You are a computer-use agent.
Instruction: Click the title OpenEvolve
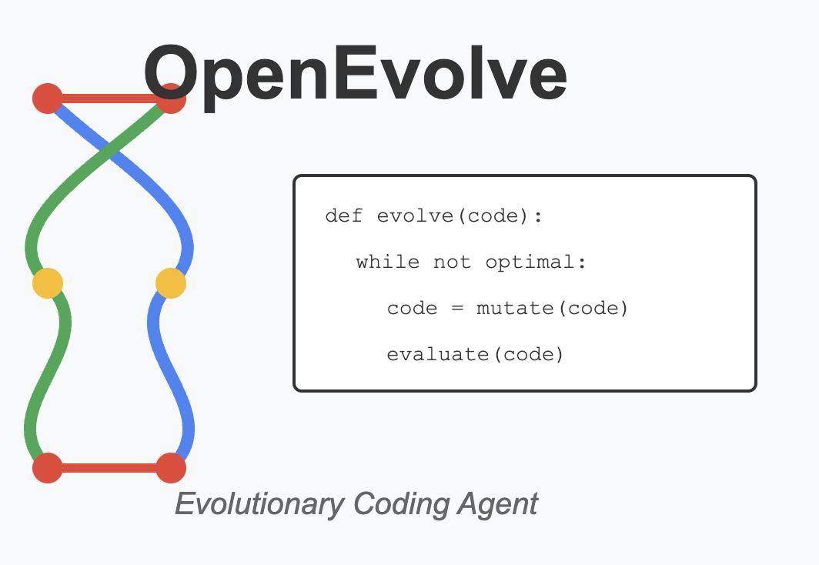[x=355, y=74]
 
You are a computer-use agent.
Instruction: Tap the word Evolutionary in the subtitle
[x=259, y=504]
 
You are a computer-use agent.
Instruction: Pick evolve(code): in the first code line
[x=460, y=216]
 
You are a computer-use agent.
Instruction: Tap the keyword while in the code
[x=388, y=262]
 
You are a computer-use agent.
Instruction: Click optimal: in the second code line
[x=536, y=262]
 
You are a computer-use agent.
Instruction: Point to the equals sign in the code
[x=456, y=309]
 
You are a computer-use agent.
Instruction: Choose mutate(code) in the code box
[x=552, y=309]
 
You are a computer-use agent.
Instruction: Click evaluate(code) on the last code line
[x=475, y=355]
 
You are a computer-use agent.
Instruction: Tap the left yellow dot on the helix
[x=48, y=283]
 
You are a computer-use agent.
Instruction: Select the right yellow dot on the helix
[x=171, y=283]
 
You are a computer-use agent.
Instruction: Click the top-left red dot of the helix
[x=48, y=99]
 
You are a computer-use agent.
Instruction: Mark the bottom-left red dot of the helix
[x=48, y=467]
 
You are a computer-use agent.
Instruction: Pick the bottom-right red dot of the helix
[x=171, y=467]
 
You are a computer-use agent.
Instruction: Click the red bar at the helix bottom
[x=109, y=467]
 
